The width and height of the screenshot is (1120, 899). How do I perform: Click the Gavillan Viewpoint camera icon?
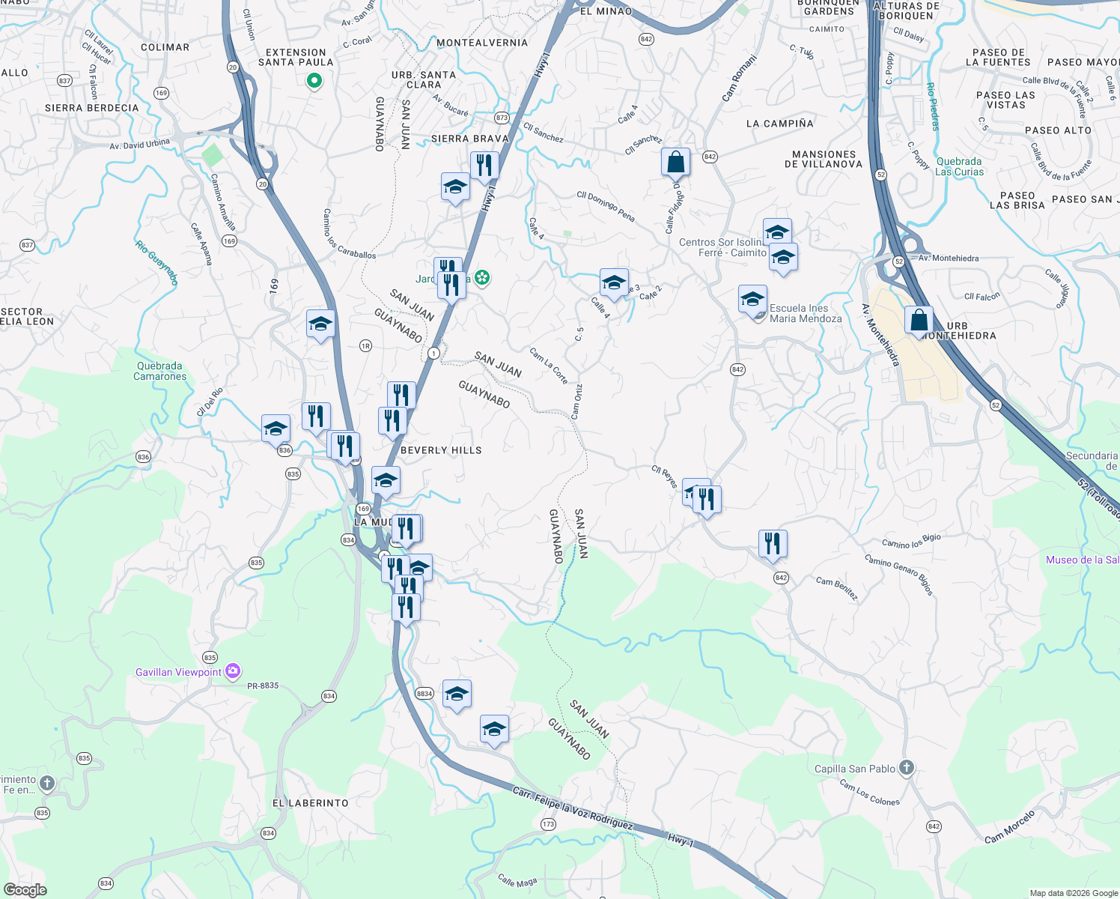click(233, 671)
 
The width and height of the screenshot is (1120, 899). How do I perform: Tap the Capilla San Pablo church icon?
click(906, 768)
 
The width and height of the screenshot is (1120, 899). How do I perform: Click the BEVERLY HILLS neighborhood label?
click(441, 450)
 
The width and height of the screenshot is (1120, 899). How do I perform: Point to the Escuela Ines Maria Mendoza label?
click(806, 313)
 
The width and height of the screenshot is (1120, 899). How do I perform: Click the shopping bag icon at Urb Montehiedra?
click(919, 321)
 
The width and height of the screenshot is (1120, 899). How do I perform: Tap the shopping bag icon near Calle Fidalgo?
click(675, 162)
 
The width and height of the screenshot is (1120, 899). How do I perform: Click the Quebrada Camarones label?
click(159, 372)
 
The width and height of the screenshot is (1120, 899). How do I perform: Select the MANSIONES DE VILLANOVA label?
click(824, 159)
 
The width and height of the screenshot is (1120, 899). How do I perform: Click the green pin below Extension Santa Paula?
click(314, 80)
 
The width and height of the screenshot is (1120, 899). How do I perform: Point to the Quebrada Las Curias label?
click(959, 166)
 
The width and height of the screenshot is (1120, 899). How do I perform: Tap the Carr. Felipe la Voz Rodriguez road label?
click(573, 808)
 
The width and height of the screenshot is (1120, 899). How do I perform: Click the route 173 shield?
click(548, 824)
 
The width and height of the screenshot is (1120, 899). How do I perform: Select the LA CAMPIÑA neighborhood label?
click(779, 124)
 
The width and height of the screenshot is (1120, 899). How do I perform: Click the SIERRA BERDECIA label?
click(91, 108)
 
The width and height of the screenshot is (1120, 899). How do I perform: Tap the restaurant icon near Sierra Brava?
click(484, 166)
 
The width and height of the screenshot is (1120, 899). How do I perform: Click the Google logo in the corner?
click(25, 890)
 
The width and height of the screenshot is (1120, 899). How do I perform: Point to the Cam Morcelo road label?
click(1009, 826)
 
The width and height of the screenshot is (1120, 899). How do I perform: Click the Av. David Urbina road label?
click(139, 144)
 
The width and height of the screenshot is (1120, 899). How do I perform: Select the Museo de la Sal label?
click(1083, 560)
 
